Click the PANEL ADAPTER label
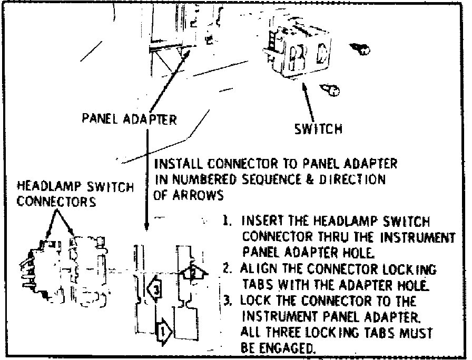[x=129, y=118]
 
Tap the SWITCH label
[x=318, y=128]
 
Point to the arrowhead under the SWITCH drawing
[x=307, y=86]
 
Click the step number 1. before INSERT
[x=227, y=222]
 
